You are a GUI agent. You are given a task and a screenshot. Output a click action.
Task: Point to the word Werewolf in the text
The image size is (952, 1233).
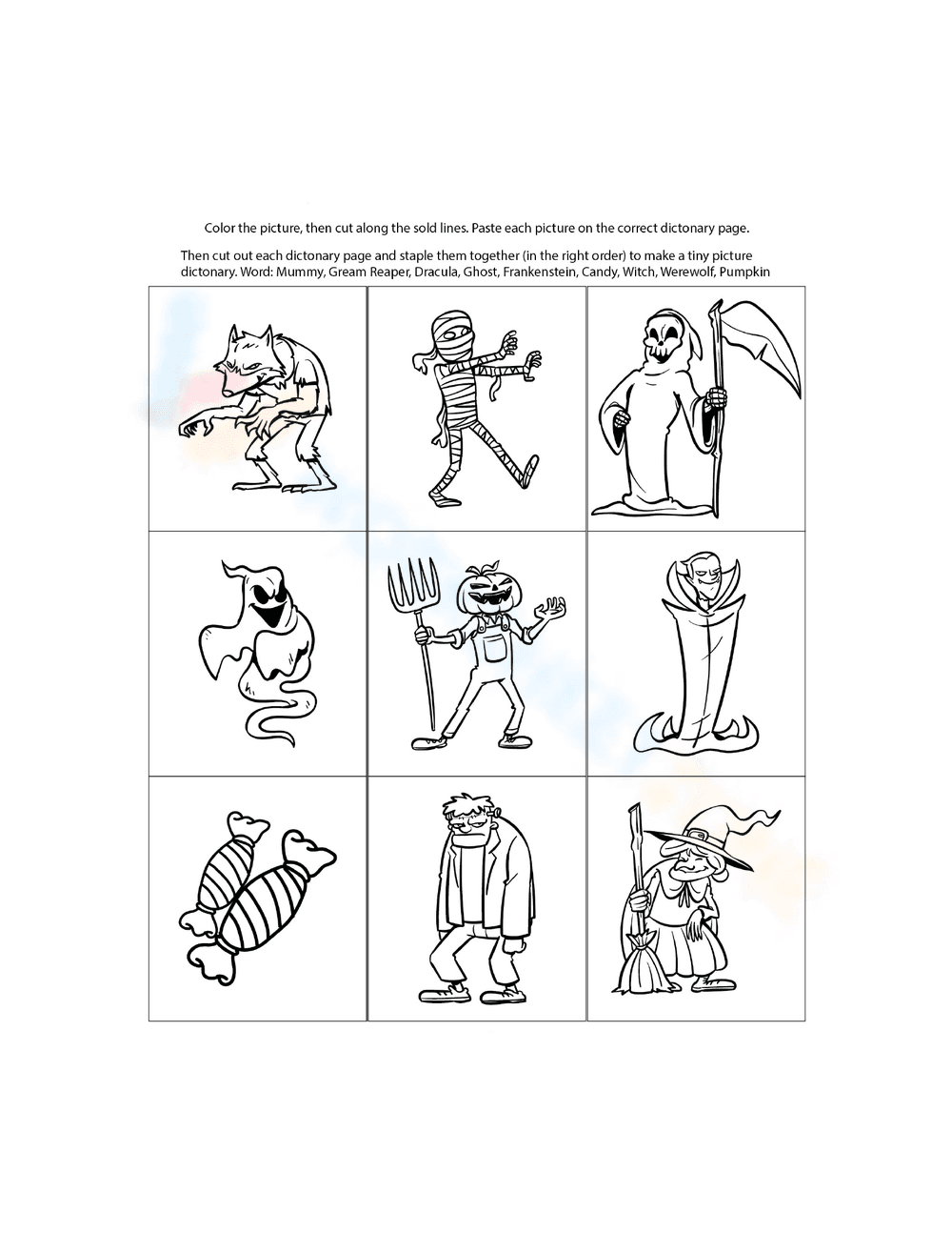[688, 273]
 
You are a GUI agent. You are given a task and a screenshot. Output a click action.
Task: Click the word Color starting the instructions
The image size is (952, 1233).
[221, 229]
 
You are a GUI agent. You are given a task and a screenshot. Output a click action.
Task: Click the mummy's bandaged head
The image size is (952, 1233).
[448, 336]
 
